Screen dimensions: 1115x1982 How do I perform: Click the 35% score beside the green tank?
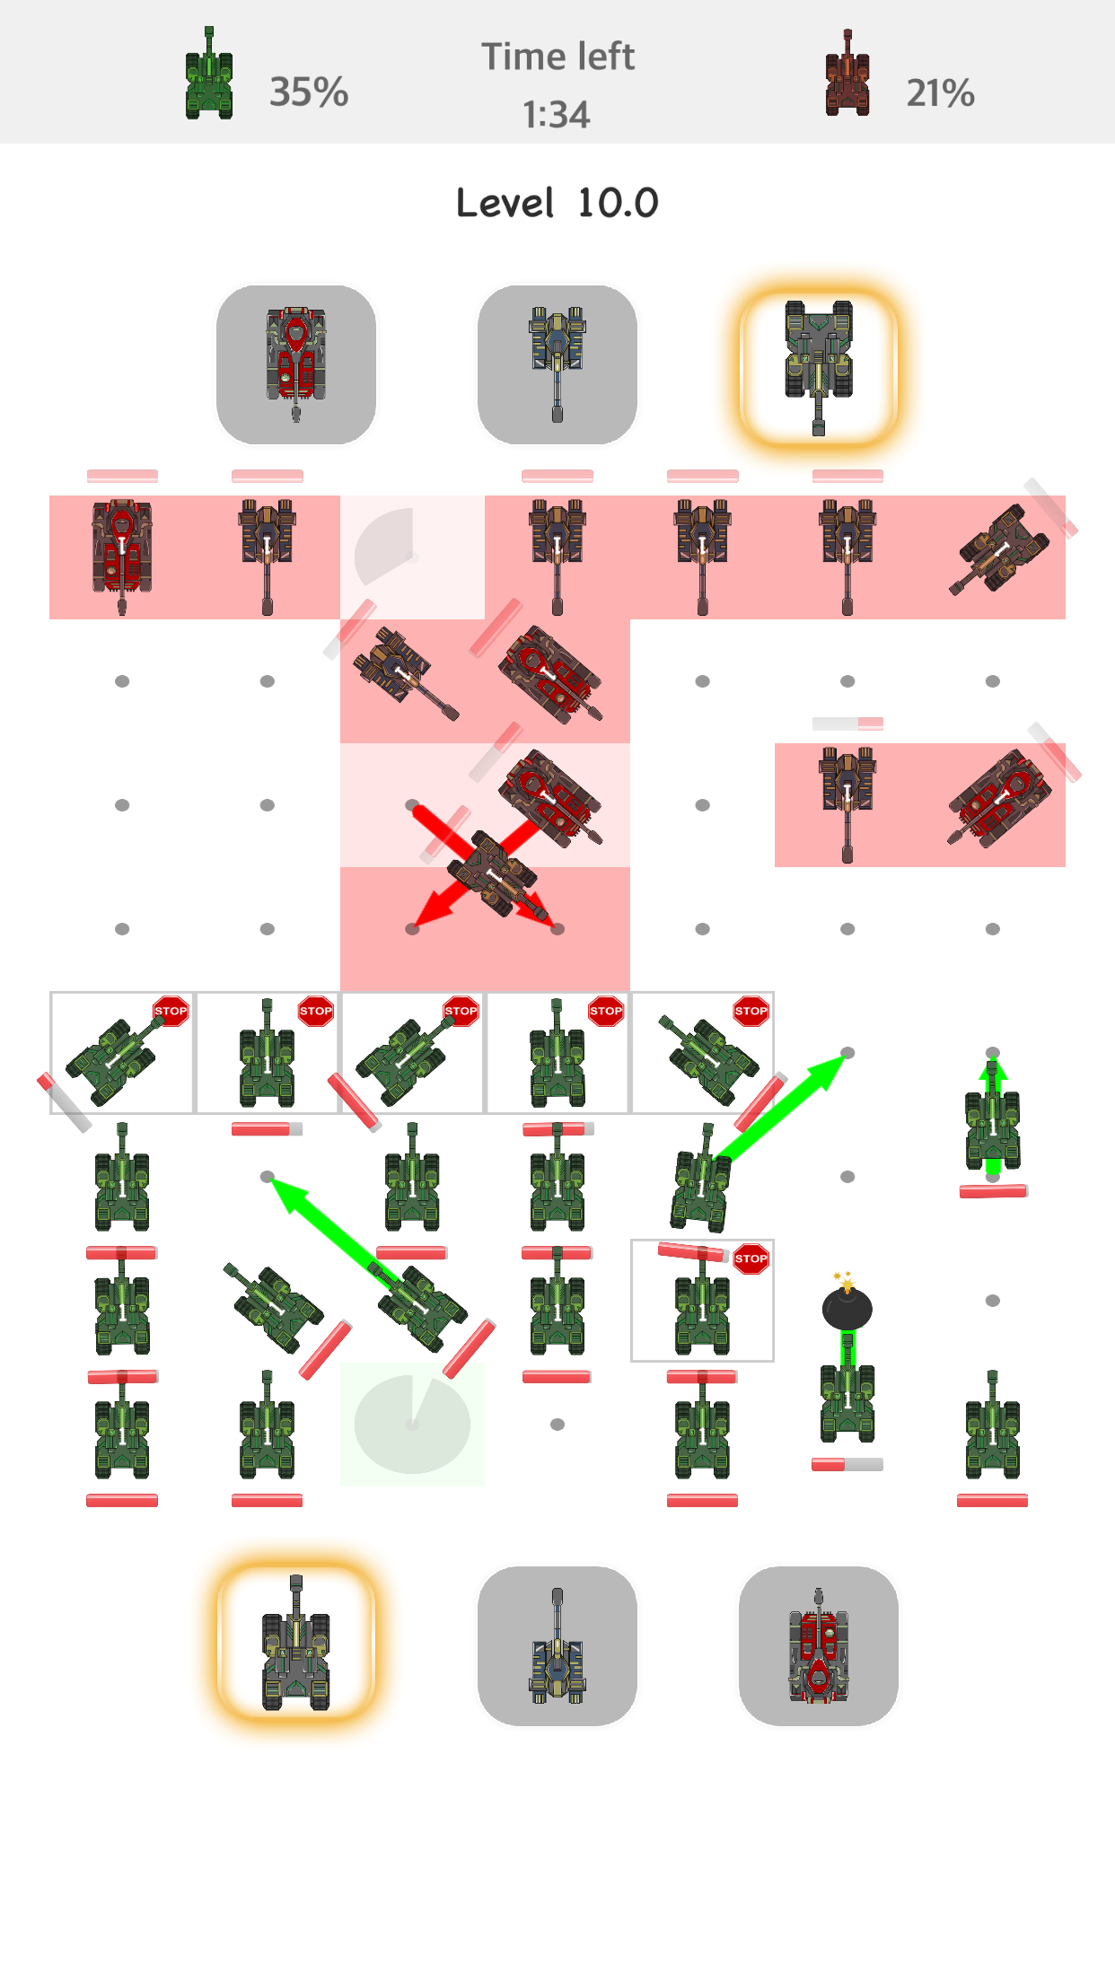pos(309,92)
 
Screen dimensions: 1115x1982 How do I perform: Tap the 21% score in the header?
pos(940,92)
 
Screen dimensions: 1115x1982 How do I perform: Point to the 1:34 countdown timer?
pos(557,115)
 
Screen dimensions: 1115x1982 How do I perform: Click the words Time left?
pos(558,57)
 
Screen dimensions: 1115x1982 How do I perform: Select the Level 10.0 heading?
pos(557,203)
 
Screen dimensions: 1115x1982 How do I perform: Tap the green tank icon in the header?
pos(209,73)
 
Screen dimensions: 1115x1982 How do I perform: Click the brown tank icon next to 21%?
pos(847,73)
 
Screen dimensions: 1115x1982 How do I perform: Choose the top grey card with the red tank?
pos(296,364)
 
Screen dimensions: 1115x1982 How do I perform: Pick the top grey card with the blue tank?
pos(557,364)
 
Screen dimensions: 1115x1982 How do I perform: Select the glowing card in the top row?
pos(819,364)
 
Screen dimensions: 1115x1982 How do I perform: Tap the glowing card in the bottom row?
pos(296,1645)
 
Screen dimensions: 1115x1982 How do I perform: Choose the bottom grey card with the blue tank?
pos(557,1645)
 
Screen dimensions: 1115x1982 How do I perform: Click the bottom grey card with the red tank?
pos(819,1645)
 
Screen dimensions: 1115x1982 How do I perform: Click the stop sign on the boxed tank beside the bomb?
pos(751,1258)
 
